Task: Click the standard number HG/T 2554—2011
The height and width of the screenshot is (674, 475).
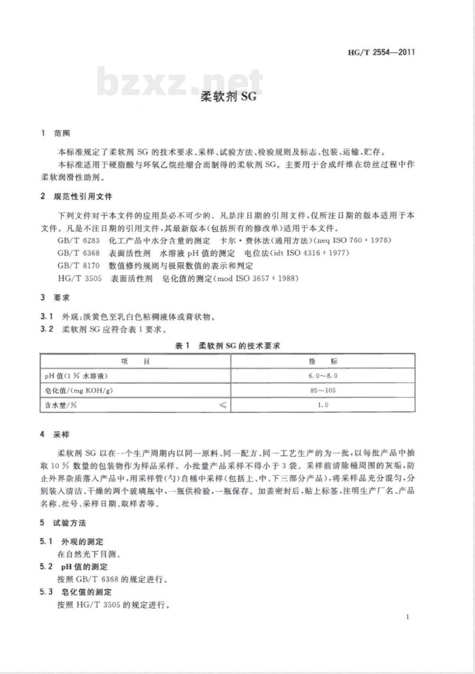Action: (381, 52)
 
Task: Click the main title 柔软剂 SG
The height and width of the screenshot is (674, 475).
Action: (228, 96)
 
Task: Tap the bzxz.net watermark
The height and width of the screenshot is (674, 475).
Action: (180, 82)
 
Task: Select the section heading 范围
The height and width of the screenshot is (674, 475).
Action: (62, 134)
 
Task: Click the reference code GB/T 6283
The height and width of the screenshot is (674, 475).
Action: (78, 241)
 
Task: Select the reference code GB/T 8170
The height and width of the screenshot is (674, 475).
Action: (78, 266)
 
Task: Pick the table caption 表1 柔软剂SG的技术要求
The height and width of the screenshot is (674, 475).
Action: (228, 346)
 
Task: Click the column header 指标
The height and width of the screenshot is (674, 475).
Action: (323, 361)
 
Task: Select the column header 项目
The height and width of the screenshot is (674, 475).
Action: (135, 361)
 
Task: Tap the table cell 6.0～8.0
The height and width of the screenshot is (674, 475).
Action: (323, 376)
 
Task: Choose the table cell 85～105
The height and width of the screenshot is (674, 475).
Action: (323, 390)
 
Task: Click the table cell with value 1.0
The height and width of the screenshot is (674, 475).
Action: (323, 405)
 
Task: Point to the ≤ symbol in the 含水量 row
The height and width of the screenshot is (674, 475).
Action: (222, 405)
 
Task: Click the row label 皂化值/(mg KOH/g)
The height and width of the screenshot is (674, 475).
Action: (79, 390)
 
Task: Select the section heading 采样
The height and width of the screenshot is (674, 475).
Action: (62, 434)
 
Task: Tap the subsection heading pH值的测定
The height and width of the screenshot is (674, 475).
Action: (85, 567)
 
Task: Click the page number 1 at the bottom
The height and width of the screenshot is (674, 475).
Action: (408, 617)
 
